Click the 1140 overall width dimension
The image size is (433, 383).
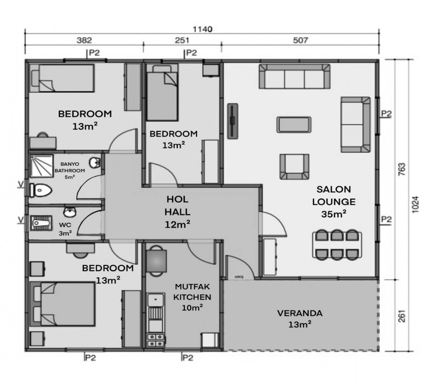(202, 29)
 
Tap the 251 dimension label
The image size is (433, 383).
(182, 40)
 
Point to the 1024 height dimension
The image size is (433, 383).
(415, 204)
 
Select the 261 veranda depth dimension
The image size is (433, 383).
(402, 316)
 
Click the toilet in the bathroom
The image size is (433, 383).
(41, 190)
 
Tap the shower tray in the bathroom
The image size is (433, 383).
(42, 166)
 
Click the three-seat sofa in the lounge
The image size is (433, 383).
(294, 77)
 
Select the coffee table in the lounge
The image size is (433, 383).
(294, 124)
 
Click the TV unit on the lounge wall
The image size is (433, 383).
(232, 121)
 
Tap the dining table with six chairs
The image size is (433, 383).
(337, 245)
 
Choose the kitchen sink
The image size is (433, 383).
(156, 300)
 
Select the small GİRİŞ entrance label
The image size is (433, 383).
(239, 277)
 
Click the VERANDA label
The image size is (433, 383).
(300, 313)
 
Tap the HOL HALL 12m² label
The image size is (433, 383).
(177, 212)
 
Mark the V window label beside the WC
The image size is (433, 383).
(20, 220)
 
